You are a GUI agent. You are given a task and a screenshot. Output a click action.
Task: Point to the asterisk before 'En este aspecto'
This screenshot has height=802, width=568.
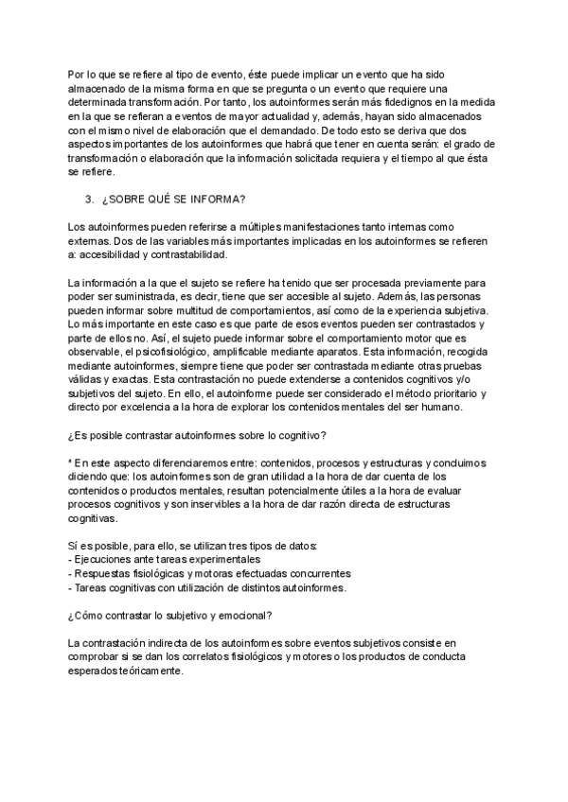click(x=70, y=463)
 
